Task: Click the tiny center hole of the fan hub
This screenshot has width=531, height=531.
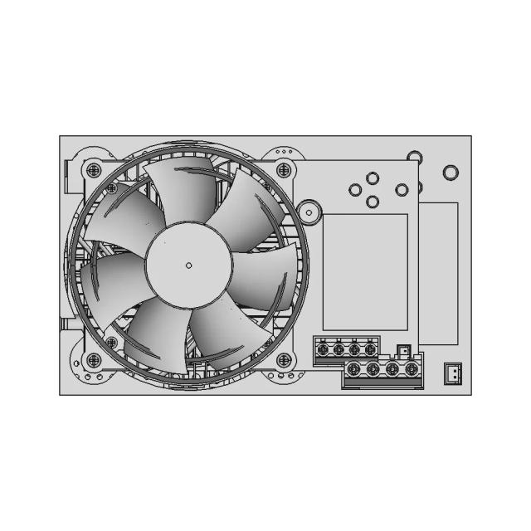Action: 188,265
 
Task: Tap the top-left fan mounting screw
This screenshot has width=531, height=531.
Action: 93,170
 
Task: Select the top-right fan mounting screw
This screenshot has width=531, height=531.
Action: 284,170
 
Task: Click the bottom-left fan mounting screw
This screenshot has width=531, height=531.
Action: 93,360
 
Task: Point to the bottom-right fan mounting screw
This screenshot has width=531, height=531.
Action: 284,360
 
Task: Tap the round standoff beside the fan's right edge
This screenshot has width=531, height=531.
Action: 310,211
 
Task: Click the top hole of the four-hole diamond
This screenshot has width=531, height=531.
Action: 373,178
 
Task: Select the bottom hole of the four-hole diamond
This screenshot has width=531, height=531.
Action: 373,201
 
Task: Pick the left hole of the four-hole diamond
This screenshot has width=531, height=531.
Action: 355,190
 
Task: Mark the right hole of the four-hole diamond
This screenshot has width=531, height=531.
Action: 402,190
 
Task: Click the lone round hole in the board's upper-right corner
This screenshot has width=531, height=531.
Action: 451,173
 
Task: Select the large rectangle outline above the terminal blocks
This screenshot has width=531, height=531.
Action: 365,272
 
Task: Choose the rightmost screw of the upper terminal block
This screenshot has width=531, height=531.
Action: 370,350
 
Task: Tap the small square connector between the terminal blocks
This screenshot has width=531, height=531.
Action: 403,352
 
